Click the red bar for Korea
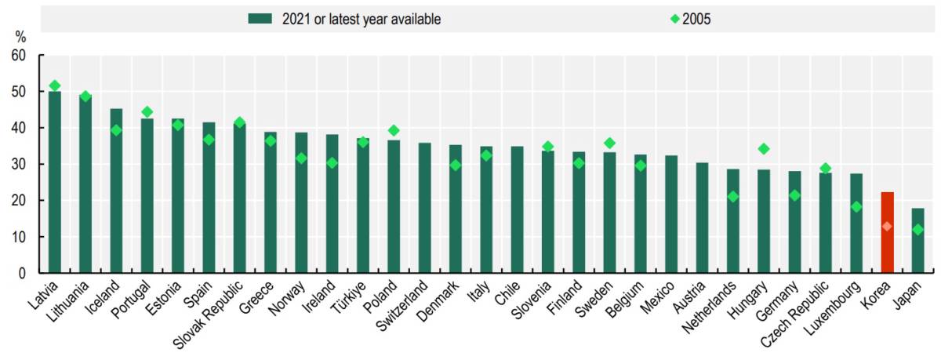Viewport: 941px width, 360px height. click(887, 232)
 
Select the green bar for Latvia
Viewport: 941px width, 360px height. click(55, 182)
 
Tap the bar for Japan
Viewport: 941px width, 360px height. click(918, 240)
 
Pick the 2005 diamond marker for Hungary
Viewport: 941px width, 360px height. click(764, 149)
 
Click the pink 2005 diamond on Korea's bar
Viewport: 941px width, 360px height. click(887, 227)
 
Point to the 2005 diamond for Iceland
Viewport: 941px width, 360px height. click(116, 131)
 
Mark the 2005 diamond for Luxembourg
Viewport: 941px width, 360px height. click(856, 207)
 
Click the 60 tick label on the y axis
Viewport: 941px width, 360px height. click(19, 55)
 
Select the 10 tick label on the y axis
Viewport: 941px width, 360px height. click(19, 237)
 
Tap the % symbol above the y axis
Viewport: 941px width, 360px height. click(20, 38)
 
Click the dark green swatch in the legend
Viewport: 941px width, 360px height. click(260, 19)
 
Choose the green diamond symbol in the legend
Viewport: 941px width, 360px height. click(674, 19)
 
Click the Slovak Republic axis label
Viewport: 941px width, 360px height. click(208, 315)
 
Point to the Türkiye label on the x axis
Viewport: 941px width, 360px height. click(349, 297)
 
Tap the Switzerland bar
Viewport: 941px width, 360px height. click(425, 208)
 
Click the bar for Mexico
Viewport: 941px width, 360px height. click(671, 214)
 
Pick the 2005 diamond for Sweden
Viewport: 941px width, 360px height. click(609, 144)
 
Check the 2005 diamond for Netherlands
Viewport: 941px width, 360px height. click(733, 197)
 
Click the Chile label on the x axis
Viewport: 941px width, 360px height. click(508, 293)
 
